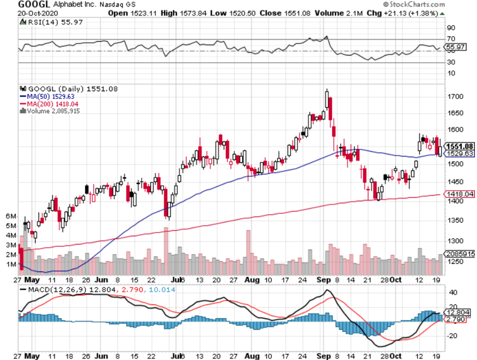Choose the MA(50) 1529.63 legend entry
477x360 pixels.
(44, 96)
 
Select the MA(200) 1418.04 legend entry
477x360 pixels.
(47, 104)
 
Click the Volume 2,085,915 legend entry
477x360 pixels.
(50, 111)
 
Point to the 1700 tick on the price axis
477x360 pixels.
(455, 96)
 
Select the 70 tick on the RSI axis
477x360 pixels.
(450, 39)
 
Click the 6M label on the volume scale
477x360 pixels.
(11, 216)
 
